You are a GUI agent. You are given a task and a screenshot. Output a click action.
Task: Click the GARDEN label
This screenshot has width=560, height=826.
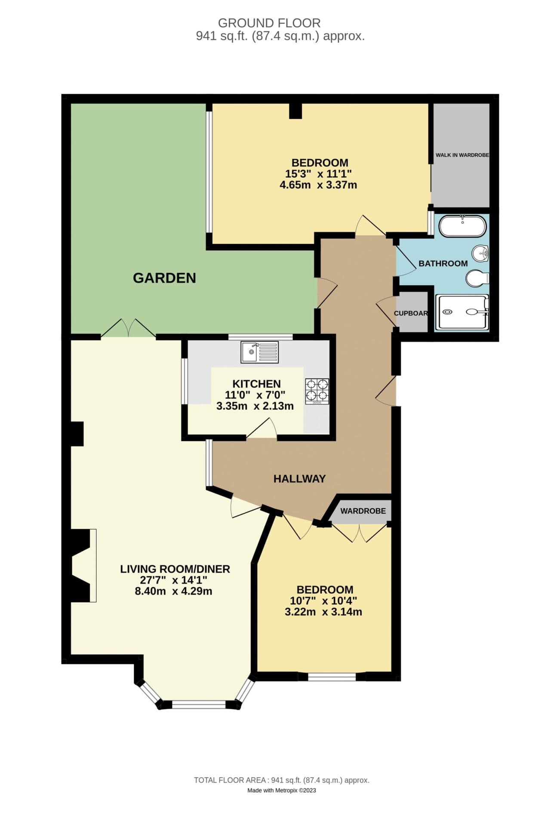coord(164,278)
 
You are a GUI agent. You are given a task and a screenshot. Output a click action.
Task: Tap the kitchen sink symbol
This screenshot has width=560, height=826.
coord(259,352)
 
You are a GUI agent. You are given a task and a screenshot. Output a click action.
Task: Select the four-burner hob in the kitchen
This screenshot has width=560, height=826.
coord(317,391)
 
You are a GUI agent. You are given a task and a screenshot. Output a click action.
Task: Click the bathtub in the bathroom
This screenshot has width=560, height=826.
coord(462,226)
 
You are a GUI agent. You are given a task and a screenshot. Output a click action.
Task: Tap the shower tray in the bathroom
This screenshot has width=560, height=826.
coord(462,312)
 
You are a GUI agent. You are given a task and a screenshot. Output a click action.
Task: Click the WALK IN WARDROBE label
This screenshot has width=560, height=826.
coord(462,155)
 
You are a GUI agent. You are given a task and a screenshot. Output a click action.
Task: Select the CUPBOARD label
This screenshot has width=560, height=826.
coord(411,313)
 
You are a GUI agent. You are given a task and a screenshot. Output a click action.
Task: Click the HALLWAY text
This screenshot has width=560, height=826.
coord(299,479)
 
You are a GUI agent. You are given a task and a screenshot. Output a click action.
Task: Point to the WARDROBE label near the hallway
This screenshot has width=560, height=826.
coord(363,511)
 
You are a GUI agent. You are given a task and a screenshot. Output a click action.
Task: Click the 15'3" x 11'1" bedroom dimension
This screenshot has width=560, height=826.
coord(318,174)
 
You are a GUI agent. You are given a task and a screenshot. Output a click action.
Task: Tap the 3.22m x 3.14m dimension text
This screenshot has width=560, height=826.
coord(323,612)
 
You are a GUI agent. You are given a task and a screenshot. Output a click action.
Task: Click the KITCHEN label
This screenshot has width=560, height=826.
coord(256,384)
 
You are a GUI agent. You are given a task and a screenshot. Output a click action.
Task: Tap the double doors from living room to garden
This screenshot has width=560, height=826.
coord(129,329)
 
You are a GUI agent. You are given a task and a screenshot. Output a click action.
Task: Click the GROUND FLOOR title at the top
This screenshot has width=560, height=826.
coord(269,23)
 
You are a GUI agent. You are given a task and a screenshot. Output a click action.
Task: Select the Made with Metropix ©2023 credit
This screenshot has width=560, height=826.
coord(281,790)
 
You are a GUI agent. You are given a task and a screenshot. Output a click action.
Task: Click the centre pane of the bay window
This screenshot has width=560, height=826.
coord(199,704)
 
